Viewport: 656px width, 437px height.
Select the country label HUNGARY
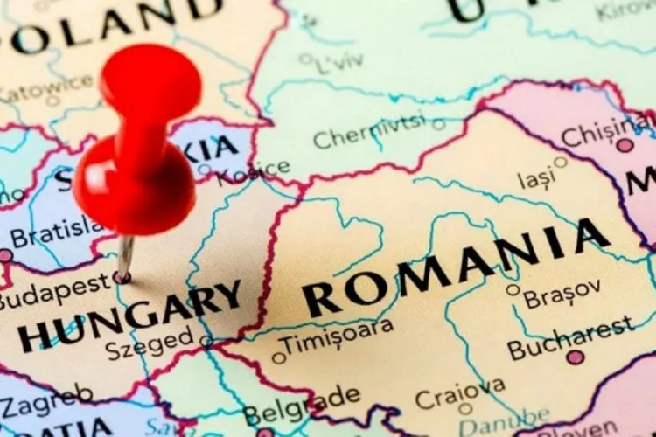pos(131,317)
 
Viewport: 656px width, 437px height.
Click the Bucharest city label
pos(571,336)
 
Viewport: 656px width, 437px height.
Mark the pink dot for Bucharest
pos(575,357)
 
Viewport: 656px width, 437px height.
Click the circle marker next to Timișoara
pos(279,357)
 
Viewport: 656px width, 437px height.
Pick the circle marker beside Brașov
pos(513,289)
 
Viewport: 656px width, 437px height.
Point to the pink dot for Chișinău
pos(625,145)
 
